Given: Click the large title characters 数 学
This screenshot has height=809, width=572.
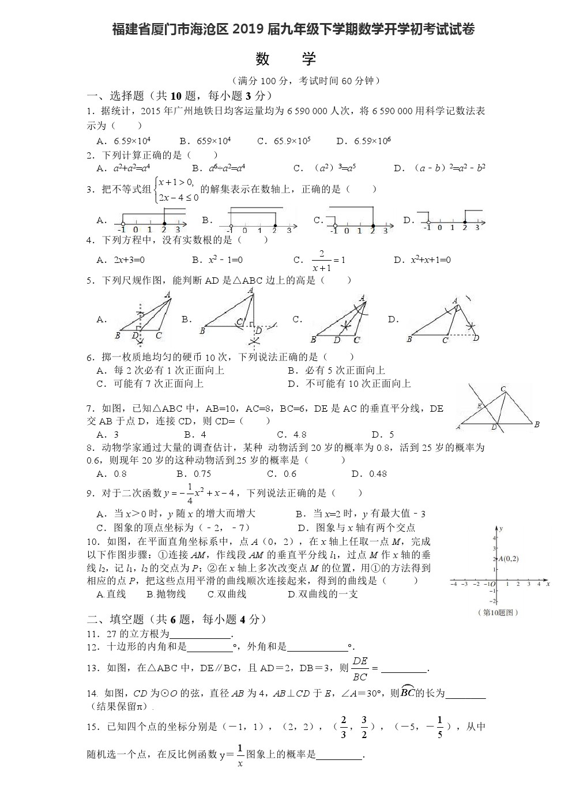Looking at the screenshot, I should tap(286, 58).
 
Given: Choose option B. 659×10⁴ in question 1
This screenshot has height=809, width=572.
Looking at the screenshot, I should tap(205, 141).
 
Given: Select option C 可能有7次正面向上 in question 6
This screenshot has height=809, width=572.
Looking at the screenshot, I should tap(150, 383).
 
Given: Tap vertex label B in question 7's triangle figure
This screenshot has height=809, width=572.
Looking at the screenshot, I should tap(536, 425).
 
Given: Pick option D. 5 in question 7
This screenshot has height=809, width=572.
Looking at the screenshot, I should tap(383, 434).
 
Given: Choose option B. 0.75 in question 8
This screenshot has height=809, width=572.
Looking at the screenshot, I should tap(194, 474).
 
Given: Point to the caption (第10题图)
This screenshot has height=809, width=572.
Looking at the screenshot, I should tap(499, 612).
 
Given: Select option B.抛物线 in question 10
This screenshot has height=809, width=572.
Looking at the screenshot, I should tap(166, 594).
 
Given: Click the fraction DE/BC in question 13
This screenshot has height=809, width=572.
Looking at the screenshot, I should tap(360, 668).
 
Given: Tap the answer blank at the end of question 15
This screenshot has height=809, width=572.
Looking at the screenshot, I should tap(340, 755).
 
